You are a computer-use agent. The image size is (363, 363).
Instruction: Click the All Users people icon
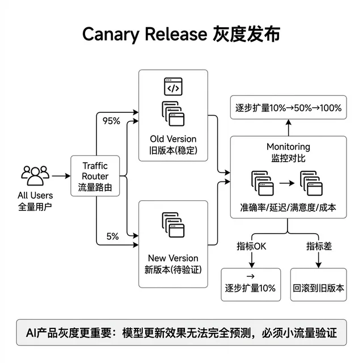pyautogui.click(x=36, y=175)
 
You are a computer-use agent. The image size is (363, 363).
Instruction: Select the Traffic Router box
pyautogui.click(x=95, y=176)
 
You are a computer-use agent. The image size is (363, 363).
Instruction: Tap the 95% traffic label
pyautogui.click(x=111, y=120)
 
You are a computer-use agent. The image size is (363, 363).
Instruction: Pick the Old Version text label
pyautogui.click(x=173, y=139)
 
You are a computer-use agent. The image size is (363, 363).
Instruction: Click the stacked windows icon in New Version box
pyautogui.click(x=173, y=225)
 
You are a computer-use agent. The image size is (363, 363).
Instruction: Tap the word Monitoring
pyautogui.click(x=288, y=147)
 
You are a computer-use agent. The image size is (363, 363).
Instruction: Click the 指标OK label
pyautogui.click(x=251, y=246)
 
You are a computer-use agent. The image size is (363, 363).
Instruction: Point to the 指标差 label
pyautogui.click(x=318, y=246)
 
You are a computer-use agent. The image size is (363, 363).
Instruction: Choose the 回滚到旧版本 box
pyautogui.click(x=318, y=288)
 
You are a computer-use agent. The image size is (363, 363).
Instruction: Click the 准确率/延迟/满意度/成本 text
pyautogui.click(x=288, y=208)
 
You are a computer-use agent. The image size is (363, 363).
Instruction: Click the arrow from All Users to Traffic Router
pyautogui.click(x=60, y=176)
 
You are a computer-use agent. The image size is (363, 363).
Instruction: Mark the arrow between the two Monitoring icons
pyautogui.click(x=288, y=183)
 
